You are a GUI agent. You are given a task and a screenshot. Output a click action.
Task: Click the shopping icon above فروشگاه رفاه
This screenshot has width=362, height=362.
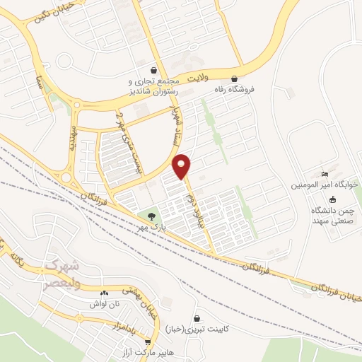(x=235, y=79)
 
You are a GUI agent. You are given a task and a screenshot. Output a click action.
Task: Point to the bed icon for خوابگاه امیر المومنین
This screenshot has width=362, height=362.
(x=325, y=175)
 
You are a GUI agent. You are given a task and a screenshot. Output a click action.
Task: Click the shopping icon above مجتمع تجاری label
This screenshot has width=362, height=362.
(x=132, y=69)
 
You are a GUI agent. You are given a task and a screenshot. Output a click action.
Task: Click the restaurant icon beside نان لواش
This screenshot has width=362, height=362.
(x=105, y=293)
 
